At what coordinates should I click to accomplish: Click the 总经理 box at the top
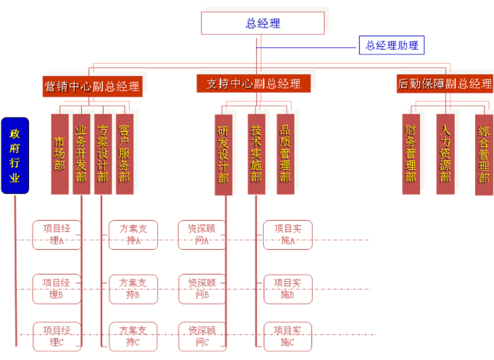click(x=263, y=23)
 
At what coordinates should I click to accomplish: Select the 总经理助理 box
click(x=391, y=46)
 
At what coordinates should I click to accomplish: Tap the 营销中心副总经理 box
click(x=92, y=85)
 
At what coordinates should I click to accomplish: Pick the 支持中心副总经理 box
click(x=254, y=83)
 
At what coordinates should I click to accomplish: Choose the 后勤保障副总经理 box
click(x=445, y=83)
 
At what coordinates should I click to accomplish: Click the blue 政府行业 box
click(x=14, y=156)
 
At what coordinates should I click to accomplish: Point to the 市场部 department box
click(x=59, y=154)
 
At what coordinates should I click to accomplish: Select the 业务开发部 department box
click(x=81, y=154)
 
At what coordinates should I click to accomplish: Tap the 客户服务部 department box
click(x=125, y=154)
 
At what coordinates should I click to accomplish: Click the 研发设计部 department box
click(x=224, y=154)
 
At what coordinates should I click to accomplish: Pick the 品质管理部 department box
click(x=285, y=154)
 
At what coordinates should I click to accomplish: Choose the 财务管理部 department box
click(x=411, y=154)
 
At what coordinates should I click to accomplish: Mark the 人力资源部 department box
click(x=445, y=154)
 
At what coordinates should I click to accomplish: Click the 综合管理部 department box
click(x=483, y=154)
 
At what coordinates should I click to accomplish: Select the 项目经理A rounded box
click(x=57, y=235)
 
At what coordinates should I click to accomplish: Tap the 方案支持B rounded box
click(x=133, y=288)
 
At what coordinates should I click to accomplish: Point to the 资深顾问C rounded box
click(x=202, y=337)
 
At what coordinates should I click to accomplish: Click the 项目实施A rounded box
click(x=288, y=235)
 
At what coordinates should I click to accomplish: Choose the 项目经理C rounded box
click(x=57, y=337)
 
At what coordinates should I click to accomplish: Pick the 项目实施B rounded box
click(x=288, y=288)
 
